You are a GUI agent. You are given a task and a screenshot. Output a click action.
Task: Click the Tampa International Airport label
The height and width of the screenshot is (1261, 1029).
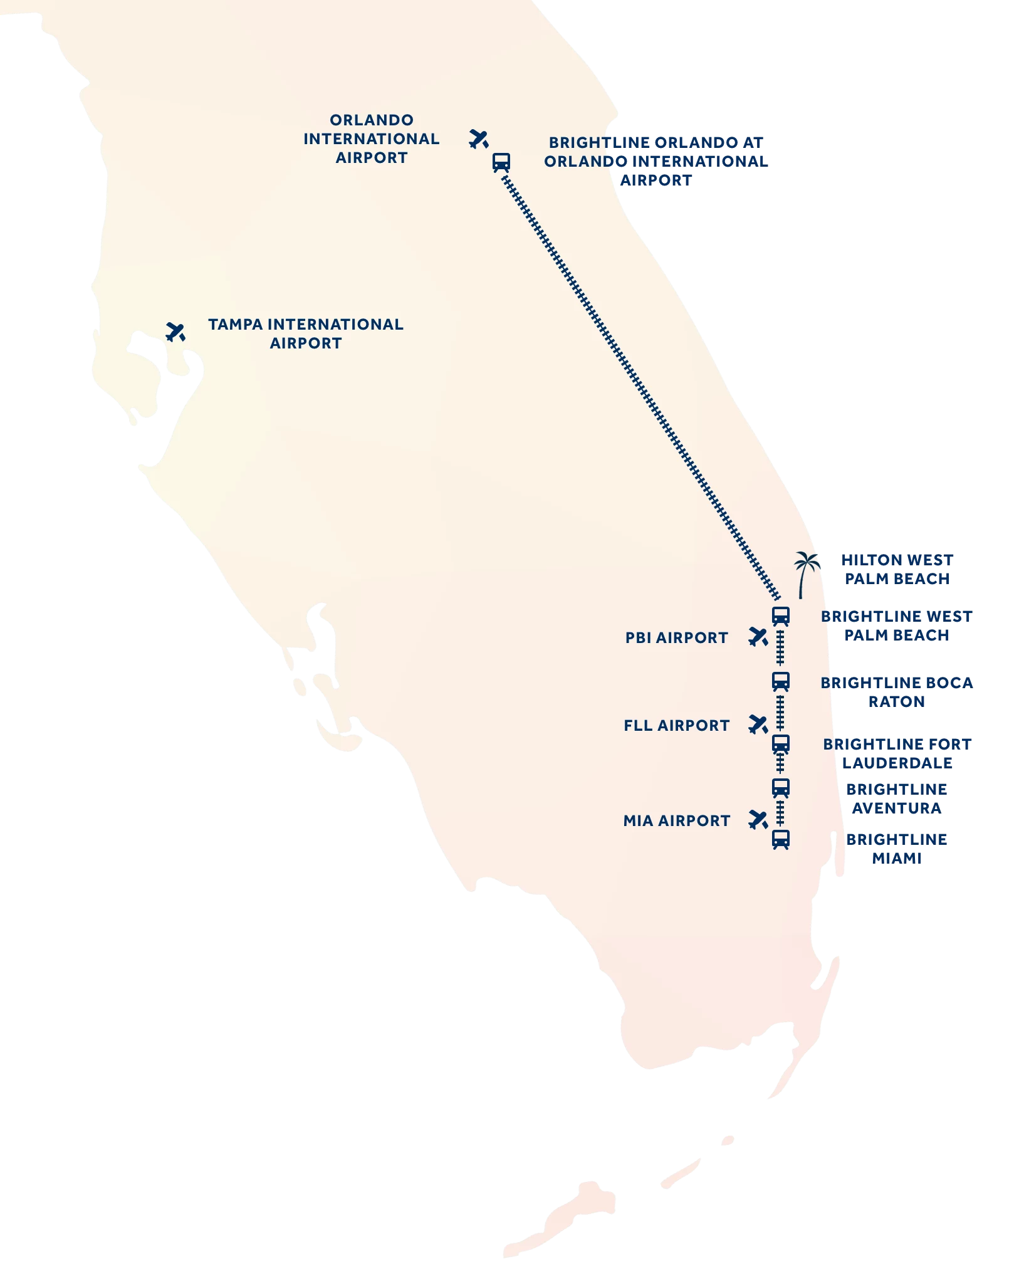(x=306, y=333)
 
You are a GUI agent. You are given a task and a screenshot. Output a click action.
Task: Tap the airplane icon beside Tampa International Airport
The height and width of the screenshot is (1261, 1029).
(x=175, y=332)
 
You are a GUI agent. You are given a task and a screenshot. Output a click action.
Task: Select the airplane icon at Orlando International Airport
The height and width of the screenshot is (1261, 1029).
(x=479, y=139)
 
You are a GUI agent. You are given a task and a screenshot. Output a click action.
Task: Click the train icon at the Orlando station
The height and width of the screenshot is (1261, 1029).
(x=501, y=162)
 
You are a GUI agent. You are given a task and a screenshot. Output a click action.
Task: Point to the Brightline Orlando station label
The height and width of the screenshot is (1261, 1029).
(x=656, y=161)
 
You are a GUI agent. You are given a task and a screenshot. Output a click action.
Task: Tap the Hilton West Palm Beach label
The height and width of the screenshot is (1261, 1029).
(x=897, y=569)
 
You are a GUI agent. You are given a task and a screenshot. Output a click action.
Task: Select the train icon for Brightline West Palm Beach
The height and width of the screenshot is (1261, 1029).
(x=781, y=616)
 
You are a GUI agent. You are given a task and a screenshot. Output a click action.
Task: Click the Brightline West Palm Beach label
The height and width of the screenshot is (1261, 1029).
(x=897, y=625)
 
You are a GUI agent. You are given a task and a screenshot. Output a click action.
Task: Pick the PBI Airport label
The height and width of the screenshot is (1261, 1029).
(x=677, y=637)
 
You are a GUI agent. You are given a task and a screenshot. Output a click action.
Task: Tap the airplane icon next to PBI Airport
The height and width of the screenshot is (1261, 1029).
(x=758, y=637)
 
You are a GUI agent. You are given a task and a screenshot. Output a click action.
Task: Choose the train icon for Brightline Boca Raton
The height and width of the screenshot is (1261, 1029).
(x=781, y=681)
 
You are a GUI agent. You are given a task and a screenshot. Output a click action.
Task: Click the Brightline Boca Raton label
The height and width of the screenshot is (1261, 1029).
(x=897, y=692)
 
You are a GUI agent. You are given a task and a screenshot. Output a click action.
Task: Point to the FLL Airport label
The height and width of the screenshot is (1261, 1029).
(x=677, y=725)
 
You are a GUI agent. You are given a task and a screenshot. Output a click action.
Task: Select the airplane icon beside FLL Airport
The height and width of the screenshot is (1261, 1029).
(x=758, y=725)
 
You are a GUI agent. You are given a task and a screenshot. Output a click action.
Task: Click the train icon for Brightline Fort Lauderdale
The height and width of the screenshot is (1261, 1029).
(x=781, y=745)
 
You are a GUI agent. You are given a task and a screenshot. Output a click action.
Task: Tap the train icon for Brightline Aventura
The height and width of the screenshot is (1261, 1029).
(x=781, y=788)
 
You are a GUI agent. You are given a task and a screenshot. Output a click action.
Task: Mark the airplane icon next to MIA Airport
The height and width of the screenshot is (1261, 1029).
(x=758, y=820)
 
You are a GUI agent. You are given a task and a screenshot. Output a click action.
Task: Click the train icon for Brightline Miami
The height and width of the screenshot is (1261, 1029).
(x=781, y=839)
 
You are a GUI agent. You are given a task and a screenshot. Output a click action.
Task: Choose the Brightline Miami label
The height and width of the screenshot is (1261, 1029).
(x=897, y=849)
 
